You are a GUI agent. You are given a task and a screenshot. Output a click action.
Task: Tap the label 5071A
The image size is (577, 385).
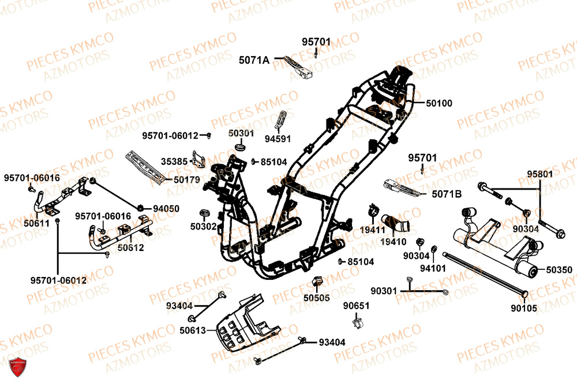[254, 59]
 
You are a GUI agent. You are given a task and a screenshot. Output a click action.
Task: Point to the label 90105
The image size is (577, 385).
[524, 308]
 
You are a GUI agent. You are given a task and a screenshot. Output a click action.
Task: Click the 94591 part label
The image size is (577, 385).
[278, 139]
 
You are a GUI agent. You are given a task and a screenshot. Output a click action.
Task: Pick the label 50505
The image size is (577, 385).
[317, 298]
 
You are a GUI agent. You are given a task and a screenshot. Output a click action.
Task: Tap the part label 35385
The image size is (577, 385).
[174, 161]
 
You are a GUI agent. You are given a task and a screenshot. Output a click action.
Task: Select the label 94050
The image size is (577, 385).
[166, 208]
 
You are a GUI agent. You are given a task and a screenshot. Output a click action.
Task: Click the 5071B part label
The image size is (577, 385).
[447, 195]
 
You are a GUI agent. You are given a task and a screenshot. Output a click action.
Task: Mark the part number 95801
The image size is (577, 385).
[539, 173]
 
